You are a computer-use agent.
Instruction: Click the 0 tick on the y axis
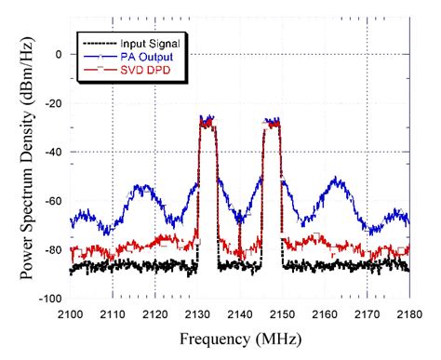[x=58, y=55]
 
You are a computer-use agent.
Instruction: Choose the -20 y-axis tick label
[x=52, y=103]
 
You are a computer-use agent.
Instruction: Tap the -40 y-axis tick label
[x=52, y=153]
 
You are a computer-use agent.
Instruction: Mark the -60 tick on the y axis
[x=52, y=201]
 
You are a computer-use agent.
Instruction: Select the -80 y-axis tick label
[x=52, y=250]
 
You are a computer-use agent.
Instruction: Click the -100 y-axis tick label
[x=49, y=299]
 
